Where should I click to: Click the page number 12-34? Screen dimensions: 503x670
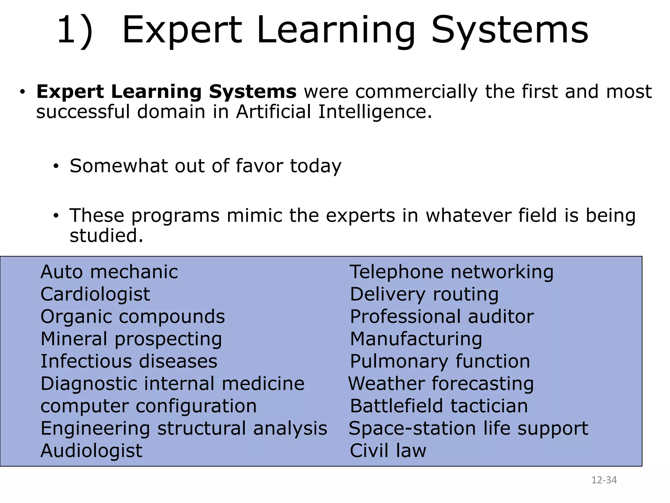coord(604,480)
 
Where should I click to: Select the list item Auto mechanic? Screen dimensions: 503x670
coord(109,272)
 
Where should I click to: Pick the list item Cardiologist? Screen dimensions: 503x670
coord(95,294)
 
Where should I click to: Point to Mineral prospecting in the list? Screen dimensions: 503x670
coord(131,339)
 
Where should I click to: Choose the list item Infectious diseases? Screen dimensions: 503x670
coord(129,361)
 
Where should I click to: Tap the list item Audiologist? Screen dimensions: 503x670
coord(91,451)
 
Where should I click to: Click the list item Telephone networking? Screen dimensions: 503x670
coord(451,272)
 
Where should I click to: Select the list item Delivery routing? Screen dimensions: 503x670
coord(424,294)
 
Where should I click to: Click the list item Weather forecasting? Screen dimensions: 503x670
coord(441,383)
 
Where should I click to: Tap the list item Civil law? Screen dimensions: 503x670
coord(388,451)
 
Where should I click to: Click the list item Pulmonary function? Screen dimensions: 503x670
coord(440,361)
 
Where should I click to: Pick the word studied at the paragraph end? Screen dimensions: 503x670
coord(106,235)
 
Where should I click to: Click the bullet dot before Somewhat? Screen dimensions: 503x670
coord(56,166)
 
